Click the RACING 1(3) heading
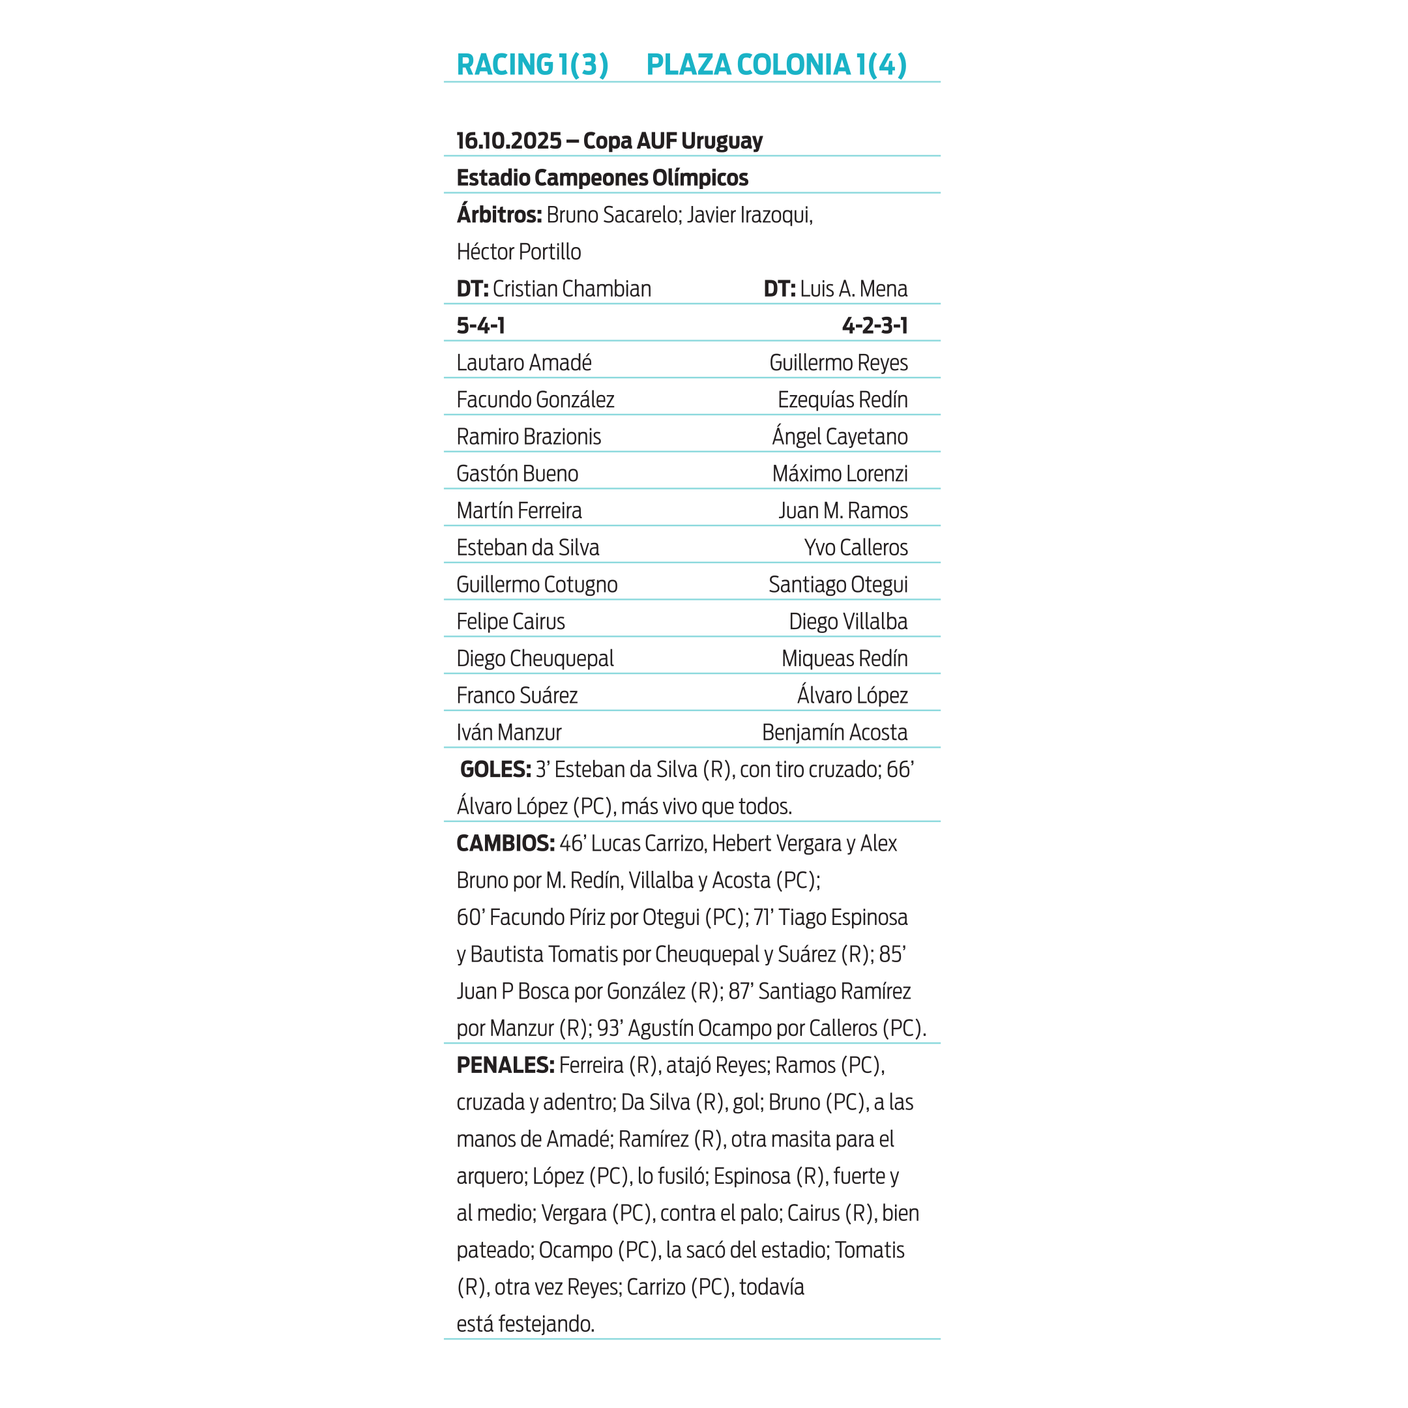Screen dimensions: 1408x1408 pos(532,65)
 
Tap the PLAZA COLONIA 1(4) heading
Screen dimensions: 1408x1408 pos(776,65)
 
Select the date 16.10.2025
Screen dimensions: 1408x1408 pos(508,141)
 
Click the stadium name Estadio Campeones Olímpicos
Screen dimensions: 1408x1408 pos(602,178)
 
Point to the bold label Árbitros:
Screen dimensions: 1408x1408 pos(499,215)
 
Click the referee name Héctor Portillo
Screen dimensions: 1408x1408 pos(518,252)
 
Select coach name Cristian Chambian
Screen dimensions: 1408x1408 pos(572,289)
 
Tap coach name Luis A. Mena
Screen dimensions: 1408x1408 pos(853,289)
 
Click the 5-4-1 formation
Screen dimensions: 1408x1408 pos(480,326)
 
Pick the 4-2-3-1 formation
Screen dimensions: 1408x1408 pos(875,326)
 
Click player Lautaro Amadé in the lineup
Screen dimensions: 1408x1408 pos(523,363)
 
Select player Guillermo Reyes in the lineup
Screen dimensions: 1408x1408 pos(838,363)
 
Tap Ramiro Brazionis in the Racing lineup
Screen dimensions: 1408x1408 pos(529,437)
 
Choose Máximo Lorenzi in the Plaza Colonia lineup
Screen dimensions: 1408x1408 pos(840,474)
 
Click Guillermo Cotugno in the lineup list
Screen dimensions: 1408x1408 pos(536,585)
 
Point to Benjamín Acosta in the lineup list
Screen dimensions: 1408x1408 pos(834,733)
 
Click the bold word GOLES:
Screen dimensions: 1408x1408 pos(495,770)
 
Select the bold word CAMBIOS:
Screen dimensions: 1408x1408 pos(505,843)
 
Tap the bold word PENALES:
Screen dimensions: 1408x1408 pos(505,1066)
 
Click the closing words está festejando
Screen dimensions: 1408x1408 pos(525,1324)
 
